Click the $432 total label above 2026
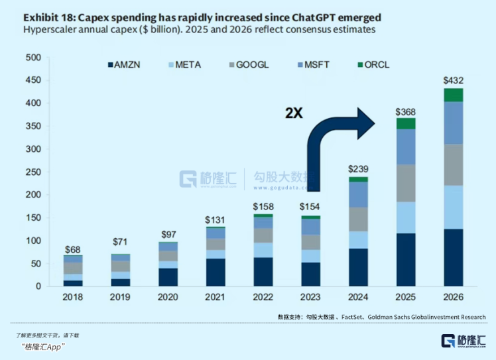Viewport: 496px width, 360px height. click(x=454, y=81)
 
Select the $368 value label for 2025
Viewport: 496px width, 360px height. click(x=405, y=111)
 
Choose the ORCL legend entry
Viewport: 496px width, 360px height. click(x=374, y=65)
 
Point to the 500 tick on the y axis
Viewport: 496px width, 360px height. click(x=34, y=58)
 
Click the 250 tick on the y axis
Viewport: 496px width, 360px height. click(x=34, y=172)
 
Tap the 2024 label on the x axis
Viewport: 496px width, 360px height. click(x=358, y=297)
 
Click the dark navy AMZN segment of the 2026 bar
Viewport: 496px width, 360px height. click(x=454, y=257)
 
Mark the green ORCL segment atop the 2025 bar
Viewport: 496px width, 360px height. click(x=405, y=123)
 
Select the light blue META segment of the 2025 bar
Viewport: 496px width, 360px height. click(x=405, y=217)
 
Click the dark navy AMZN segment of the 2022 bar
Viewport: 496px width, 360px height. click(x=263, y=271)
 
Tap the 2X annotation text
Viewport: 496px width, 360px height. click(x=294, y=113)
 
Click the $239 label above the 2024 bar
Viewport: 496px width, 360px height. click(x=358, y=170)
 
